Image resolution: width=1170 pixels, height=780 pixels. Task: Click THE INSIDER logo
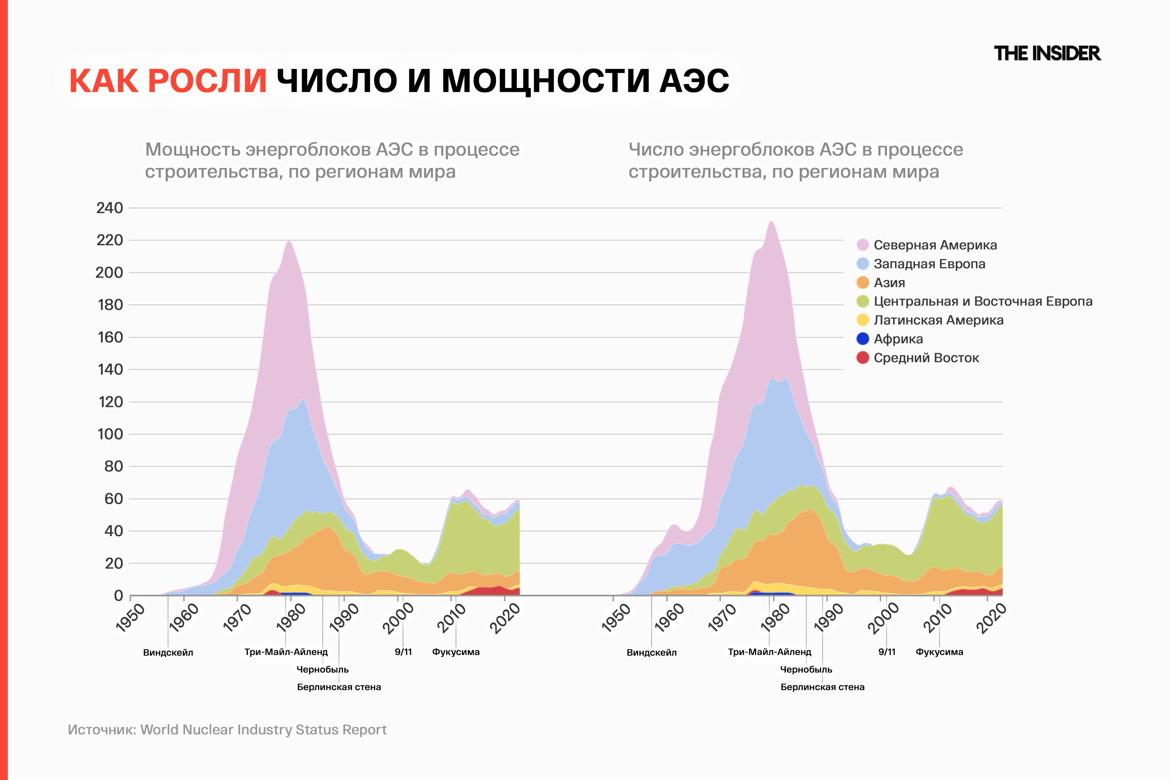1047,54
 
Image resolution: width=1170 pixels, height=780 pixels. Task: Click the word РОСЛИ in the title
207,81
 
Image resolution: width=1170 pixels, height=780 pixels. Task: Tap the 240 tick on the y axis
110,208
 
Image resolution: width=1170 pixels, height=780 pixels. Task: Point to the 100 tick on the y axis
110,434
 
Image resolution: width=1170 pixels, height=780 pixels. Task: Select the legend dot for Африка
863,339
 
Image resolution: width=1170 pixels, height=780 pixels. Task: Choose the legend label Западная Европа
929,264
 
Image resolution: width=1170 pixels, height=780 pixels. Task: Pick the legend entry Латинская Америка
938,320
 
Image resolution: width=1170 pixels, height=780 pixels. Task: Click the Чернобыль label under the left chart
322,669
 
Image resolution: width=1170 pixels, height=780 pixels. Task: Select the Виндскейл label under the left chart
168,653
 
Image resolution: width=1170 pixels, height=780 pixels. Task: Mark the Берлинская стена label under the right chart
822,687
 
